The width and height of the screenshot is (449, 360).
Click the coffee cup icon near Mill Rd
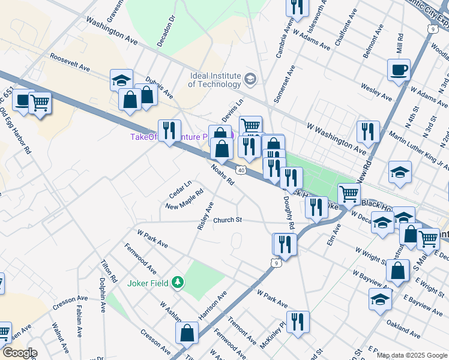pyautogui.click(x=399, y=70)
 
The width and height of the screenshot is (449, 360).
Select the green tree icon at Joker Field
pyautogui.click(x=177, y=282)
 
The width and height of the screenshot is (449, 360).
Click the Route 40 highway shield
pyautogui.click(x=240, y=170)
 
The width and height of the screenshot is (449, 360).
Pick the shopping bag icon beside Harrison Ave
pyautogui.click(x=188, y=332)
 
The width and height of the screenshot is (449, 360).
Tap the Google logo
pyautogui.click(x=19, y=353)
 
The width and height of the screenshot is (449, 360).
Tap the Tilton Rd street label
pyautogui.click(x=109, y=271)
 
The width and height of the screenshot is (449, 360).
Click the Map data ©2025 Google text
pyautogui.click(x=412, y=355)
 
